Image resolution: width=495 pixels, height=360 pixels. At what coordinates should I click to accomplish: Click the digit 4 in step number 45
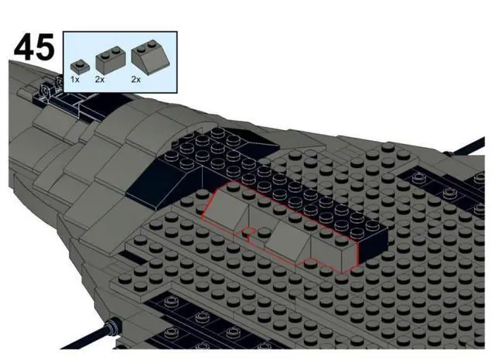(24, 48)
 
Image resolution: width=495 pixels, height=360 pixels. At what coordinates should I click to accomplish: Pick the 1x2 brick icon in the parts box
(106, 59)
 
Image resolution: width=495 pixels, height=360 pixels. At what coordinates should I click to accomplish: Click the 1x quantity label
(75, 79)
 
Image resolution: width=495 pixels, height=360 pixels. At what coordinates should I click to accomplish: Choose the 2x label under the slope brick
(136, 79)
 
